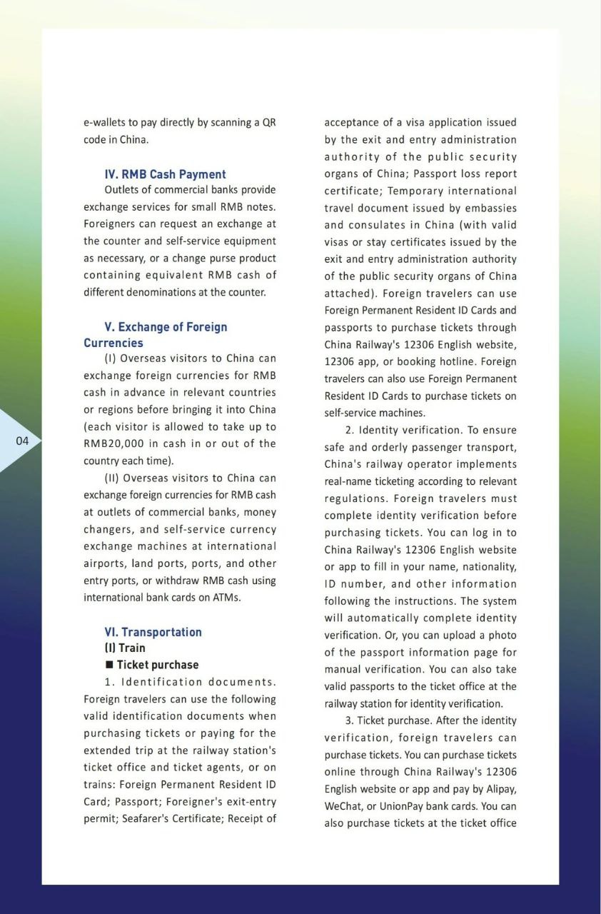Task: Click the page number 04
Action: coord(22,441)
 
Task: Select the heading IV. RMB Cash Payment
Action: coord(165,174)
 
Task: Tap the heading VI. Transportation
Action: coord(153,632)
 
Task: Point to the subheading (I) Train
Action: coord(125,648)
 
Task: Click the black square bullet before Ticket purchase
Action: coord(109,665)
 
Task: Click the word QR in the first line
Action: coord(269,123)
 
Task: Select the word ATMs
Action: coord(226,598)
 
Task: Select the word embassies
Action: coord(490,209)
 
